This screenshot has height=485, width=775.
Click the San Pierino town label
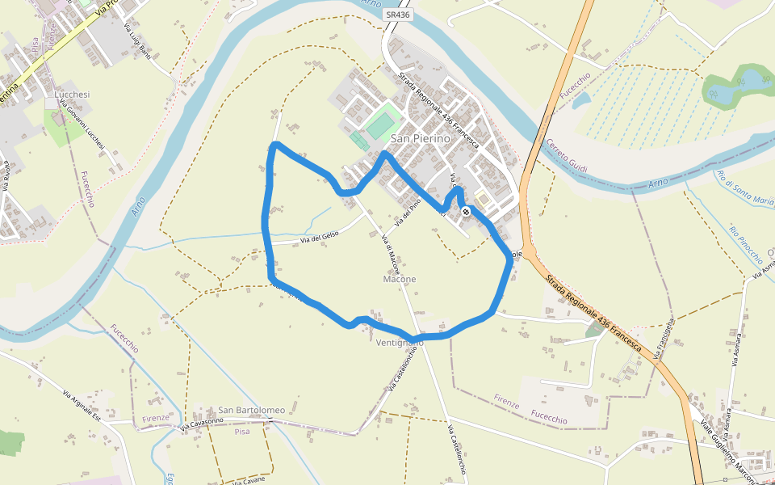click(x=420, y=138)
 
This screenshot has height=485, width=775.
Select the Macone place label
click(x=400, y=279)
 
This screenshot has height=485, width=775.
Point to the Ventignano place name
click(x=400, y=343)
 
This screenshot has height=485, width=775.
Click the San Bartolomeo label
click(x=251, y=410)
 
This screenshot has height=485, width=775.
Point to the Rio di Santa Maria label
click(x=744, y=186)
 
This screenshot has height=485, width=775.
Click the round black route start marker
click(x=467, y=212)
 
